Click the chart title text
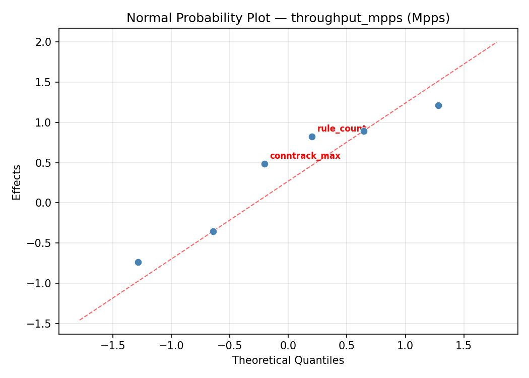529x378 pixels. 288,18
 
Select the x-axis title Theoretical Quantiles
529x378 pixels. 288,360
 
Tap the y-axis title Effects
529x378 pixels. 17,182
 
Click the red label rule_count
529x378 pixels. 341,129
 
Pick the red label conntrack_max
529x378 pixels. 305,156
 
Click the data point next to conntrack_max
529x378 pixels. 264,164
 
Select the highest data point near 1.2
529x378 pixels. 438,105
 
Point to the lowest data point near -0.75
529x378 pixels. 138,262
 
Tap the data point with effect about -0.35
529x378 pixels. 213,231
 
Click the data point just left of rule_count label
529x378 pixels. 312,137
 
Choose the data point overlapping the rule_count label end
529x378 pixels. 364,131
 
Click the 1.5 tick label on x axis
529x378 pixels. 464,346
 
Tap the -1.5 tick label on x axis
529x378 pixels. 112,346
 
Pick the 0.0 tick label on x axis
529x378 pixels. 288,346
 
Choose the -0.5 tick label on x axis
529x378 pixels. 229,346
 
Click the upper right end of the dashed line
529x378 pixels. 496,42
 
